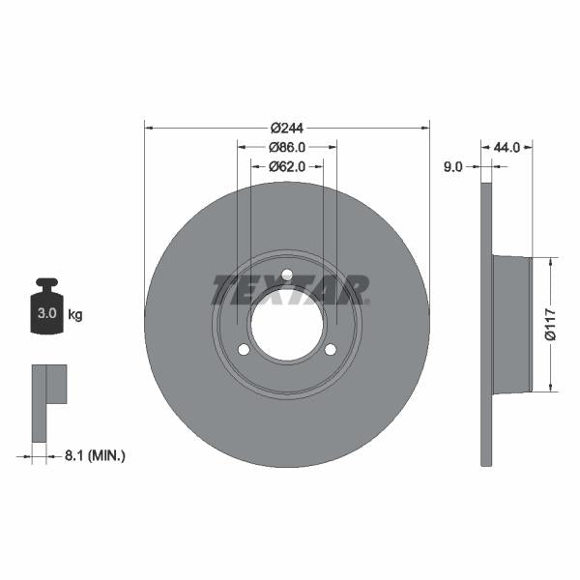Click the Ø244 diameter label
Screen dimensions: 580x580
pyautogui.click(x=287, y=128)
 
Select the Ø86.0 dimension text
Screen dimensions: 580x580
pyautogui.click(x=287, y=147)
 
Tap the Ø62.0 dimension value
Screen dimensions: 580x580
pyautogui.click(x=287, y=166)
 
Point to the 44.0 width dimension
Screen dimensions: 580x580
pyautogui.click(x=507, y=147)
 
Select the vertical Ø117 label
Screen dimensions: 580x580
pyautogui.click(x=550, y=325)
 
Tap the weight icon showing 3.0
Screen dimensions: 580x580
pyautogui.click(x=45, y=308)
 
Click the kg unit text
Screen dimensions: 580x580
pyautogui.click(x=75, y=314)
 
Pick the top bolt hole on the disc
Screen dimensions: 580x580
pyautogui.click(x=287, y=274)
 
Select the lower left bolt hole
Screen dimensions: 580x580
pyautogui.click(x=244, y=349)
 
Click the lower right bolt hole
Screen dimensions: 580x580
pyautogui.click(x=331, y=349)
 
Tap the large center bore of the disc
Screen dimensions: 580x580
pyautogui.click(x=287, y=324)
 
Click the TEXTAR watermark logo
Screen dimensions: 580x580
pyautogui.click(x=290, y=289)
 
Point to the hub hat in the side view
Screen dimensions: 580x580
pyautogui.click(x=512, y=325)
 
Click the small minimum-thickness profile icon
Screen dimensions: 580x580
pyautogui.click(x=48, y=391)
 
